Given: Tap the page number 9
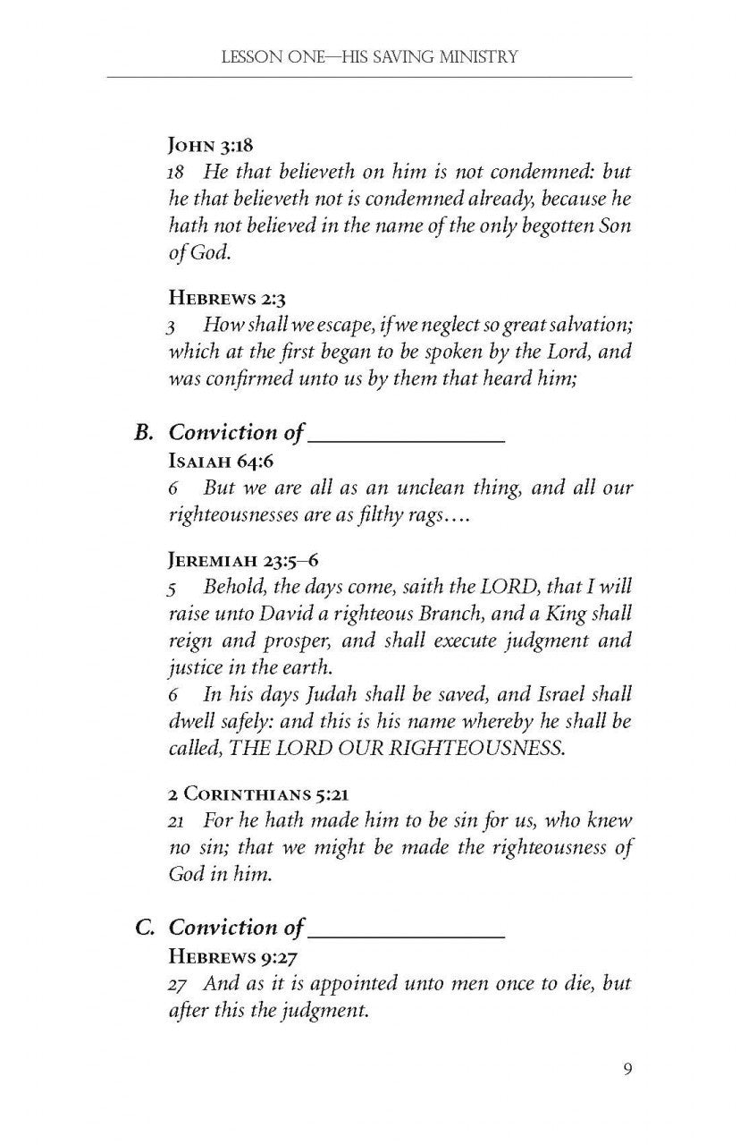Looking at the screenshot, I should coord(627,1070).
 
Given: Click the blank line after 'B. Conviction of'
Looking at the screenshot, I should coord(407,437).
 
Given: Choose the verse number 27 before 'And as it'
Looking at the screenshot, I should coord(181,983).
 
